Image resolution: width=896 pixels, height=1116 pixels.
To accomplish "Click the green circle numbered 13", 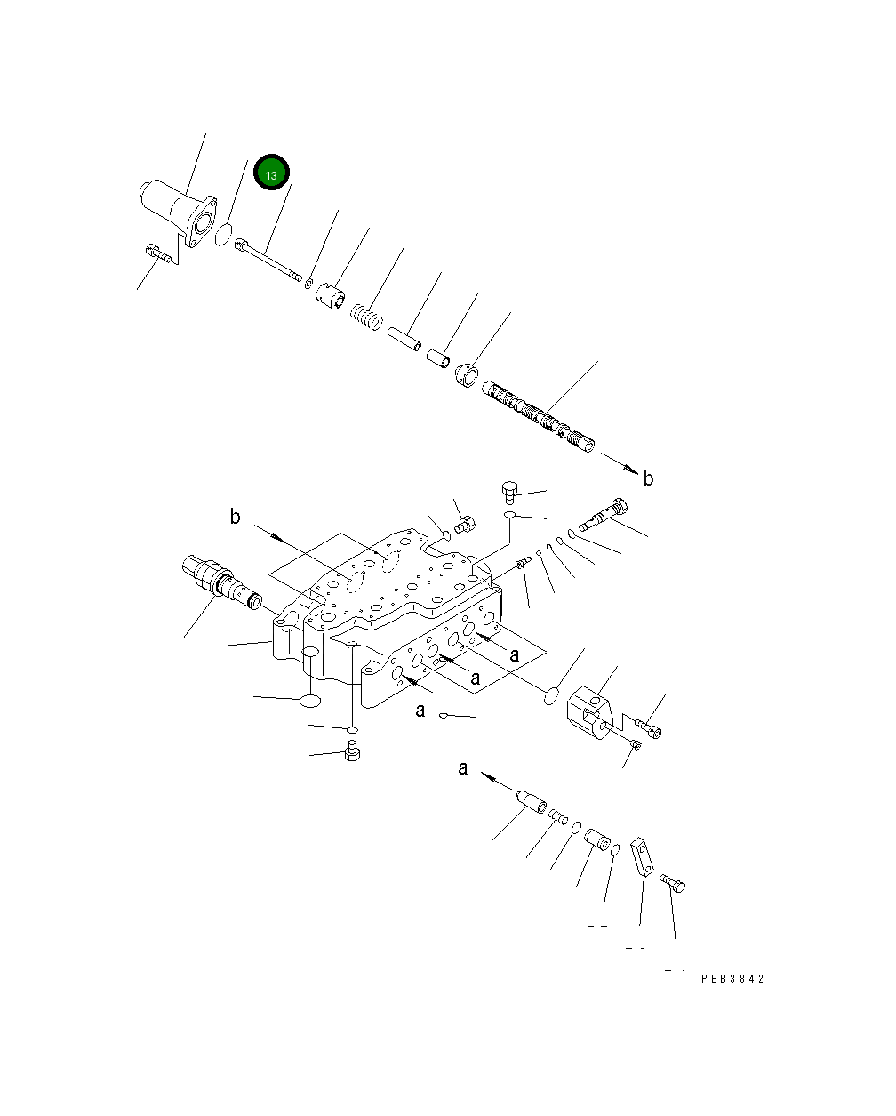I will (x=271, y=174).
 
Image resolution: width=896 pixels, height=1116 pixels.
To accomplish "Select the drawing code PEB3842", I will (x=732, y=979).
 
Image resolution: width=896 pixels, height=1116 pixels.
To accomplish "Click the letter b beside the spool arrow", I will (x=648, y=478).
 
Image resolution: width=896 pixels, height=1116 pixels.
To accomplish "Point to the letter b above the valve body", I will (x=236, y=517).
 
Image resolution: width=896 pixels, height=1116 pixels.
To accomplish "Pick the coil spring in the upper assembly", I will (x=365, y=316).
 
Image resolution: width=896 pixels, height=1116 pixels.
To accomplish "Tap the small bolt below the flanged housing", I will (x=158, y=254).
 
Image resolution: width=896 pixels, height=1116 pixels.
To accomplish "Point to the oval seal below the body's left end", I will (x=309, y=702).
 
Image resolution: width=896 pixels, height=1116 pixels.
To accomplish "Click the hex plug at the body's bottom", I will (x=351, y=753).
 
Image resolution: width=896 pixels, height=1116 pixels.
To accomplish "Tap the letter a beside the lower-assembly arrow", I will (x=463, y=768).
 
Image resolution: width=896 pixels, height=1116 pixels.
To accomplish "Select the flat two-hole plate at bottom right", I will (x=643, y=858).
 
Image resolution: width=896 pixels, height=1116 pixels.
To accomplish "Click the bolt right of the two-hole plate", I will (x=675, y=882).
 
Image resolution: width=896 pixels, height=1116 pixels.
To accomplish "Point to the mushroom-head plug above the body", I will (x=510, y=490).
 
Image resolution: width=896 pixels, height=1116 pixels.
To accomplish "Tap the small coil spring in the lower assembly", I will (x=557, y=817).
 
